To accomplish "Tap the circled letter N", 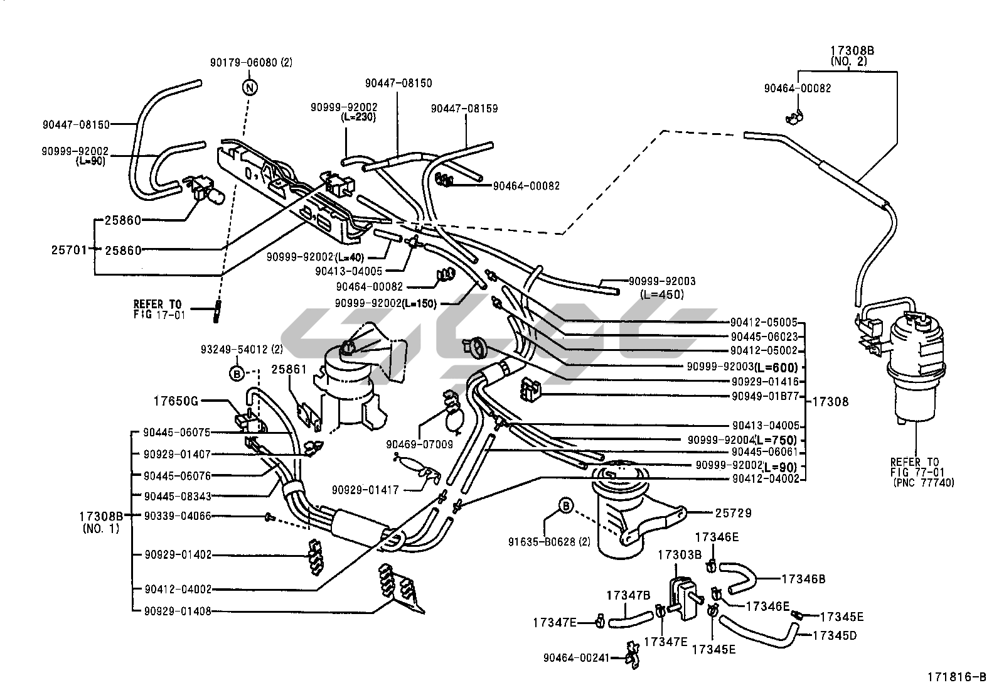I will click(250, 87).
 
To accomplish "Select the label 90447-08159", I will click(464, 109).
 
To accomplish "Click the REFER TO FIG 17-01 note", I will click(159, 309).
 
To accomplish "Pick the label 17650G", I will click(176, 400).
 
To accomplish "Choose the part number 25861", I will click(289, 369).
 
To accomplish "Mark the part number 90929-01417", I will click(365, 490).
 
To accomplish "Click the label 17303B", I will click(679, 555).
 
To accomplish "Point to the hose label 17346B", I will click(803, 579).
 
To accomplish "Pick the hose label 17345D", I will click(834, 635).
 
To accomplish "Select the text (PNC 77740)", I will click(922, 482).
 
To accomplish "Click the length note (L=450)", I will click(662, 294).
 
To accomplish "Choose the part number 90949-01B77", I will click(765, 396).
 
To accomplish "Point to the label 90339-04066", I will click(177, 516).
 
